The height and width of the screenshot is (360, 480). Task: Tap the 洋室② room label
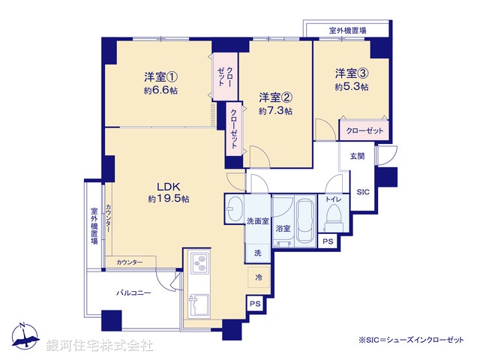(275, 97)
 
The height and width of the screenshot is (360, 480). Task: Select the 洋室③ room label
(351, 73)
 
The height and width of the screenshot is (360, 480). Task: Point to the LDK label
(168, 186)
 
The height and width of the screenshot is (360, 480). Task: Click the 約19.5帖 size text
(168, 199)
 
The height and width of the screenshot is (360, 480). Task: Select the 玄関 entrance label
(357, 156)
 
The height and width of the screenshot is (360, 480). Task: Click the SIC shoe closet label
(361, 191)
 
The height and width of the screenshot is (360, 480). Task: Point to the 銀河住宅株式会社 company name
(100, 346)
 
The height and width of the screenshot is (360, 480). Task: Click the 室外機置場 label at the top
(347, 31)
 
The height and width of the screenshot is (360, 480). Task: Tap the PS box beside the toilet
(328, 241)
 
